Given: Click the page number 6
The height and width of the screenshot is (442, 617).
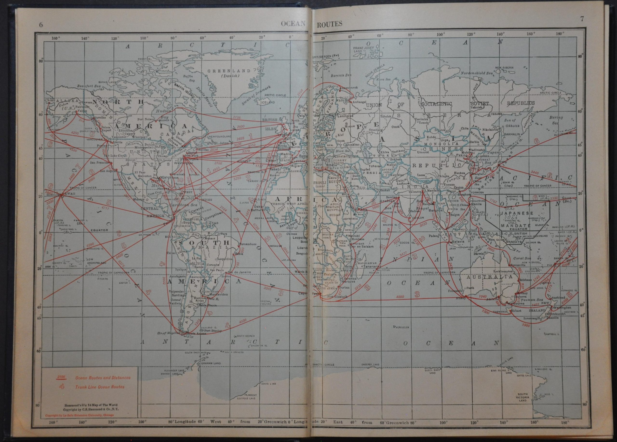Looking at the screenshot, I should coord(41,25).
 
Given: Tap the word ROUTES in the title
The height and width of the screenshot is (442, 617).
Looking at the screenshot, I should coord(329,24).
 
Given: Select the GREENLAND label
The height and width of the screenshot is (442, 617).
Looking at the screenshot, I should coord(229,71).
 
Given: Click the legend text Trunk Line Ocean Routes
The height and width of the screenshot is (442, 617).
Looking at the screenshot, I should coord(100,387).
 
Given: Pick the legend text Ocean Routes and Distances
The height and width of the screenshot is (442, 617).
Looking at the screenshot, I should coord(103,378).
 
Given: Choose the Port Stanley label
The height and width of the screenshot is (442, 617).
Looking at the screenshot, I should coord(214,331).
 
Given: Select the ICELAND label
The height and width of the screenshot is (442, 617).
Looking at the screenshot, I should coord(268,110).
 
